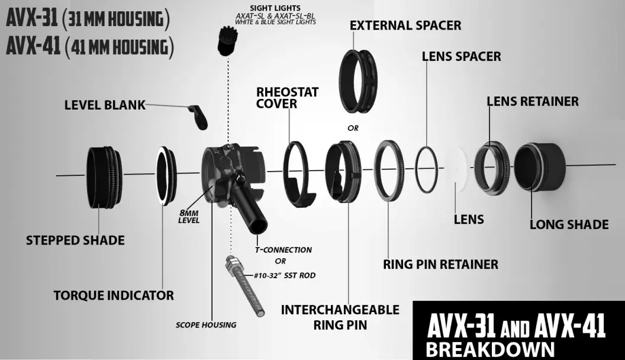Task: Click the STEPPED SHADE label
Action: pos(75,240)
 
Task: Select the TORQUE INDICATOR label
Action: pos(114,295)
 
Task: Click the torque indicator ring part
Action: pos(166,175)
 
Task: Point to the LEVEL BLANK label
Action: pos(105,105)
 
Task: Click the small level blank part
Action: pos(198,116)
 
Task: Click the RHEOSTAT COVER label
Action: pos(287,98)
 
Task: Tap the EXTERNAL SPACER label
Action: pos(405,26)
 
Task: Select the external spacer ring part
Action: pos(360,79)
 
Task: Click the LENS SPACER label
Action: pos(461,57)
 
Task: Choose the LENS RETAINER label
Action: pos(533,101)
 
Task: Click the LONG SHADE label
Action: pos(569,224)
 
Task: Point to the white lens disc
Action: pos(457,171)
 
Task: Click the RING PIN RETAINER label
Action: pos(440,264)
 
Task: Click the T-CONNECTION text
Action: pos(283,250)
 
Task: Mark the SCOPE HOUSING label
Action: pos(206,324)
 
